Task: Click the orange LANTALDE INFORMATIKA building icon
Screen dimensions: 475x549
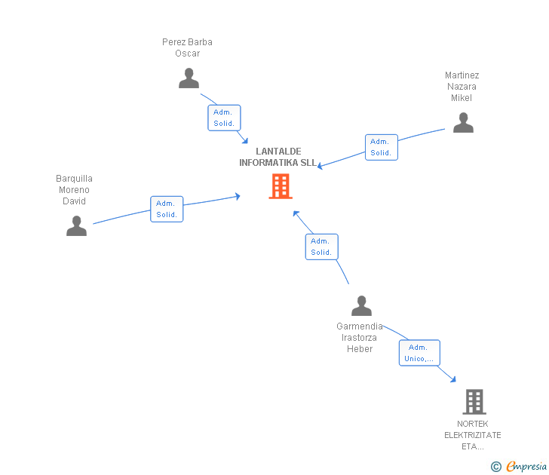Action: click(x=281, y=186)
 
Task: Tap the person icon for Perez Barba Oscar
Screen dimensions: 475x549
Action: click(x=189, y=78)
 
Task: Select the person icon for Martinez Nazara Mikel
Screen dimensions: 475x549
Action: click(x=463, y=123)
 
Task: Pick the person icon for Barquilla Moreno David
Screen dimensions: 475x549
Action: click(x=76, y=226)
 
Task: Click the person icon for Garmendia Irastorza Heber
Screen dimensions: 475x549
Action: click(x=361, y=306)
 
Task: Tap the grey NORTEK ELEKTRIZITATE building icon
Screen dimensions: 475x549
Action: click(x=474, y=402)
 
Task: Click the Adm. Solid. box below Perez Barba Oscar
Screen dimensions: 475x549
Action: click(x=224, y=118)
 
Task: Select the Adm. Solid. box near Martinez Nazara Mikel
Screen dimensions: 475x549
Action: click(x=381, y=147)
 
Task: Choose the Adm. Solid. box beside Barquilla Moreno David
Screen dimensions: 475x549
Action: click(x=167, y=209)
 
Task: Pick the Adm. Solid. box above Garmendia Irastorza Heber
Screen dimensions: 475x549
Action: click(x=321, y=247)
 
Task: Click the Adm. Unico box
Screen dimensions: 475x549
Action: click(x=419, y=353)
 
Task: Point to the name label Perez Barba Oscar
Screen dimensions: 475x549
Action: click(x=187, y=47)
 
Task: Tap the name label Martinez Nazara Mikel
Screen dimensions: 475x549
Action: click(x=462, y=87)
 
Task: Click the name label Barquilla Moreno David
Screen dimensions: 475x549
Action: click(x=74, y=190)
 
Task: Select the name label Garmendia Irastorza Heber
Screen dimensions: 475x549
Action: click(x=360, y=338)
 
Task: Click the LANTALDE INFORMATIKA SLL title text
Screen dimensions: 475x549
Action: click(x=278, y=157)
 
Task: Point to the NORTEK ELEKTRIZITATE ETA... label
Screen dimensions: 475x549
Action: click(x=473, y=435)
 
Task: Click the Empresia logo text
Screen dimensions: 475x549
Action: click(x=526, y=467)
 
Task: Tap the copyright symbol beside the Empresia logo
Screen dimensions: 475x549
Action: click(x=495, y=467)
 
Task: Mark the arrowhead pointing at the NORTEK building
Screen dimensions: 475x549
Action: click(x=452, y=379)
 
